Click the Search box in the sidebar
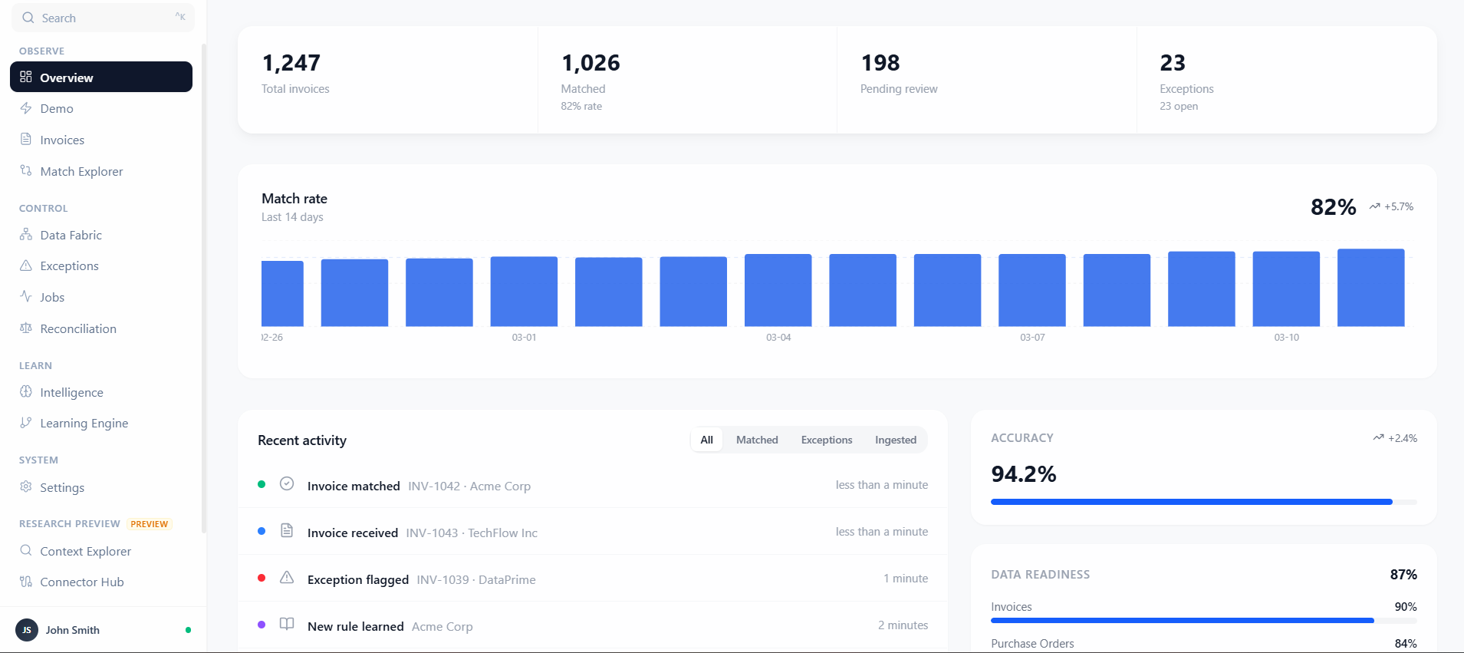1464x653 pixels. point(102,18)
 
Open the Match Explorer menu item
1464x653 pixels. point(81,171)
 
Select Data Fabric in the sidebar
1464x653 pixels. point(71,235)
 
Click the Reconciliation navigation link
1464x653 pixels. point(78,328)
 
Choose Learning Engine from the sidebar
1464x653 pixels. point(84,423)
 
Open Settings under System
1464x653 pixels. point(61,487)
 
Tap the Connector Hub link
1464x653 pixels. point(81,582)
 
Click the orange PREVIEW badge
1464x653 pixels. point(149,524)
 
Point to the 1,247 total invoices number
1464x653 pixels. point(291,63)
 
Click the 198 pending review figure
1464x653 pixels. point(880,63)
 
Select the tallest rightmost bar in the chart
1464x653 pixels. point(1370,288)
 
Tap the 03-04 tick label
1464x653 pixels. point(778,338)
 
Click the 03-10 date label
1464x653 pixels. point(1286,338)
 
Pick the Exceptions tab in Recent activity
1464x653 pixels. point(826,440)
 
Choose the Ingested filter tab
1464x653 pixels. point(895,440)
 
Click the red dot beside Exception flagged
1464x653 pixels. point(262,578)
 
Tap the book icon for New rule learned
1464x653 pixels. point(287,624)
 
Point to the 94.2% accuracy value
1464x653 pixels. point(1023,474)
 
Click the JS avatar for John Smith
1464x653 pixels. point(27,630)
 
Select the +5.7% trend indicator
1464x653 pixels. point(1392,206)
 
